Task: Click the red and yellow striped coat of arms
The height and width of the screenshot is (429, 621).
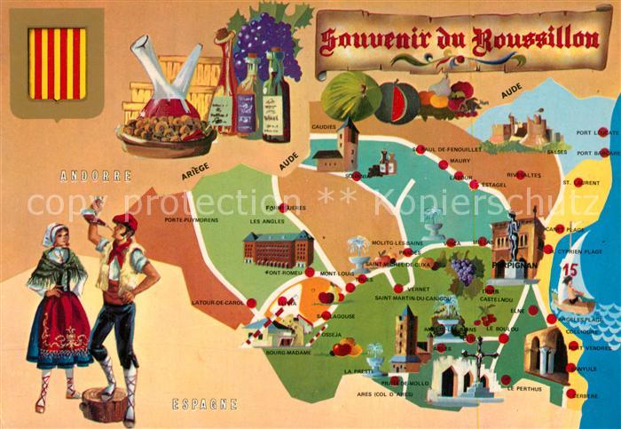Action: point(58,64)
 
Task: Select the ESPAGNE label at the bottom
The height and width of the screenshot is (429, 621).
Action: point(205,404)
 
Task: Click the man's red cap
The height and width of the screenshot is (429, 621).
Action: point(125,220)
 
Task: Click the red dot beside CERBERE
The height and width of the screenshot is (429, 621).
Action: point(571,393)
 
